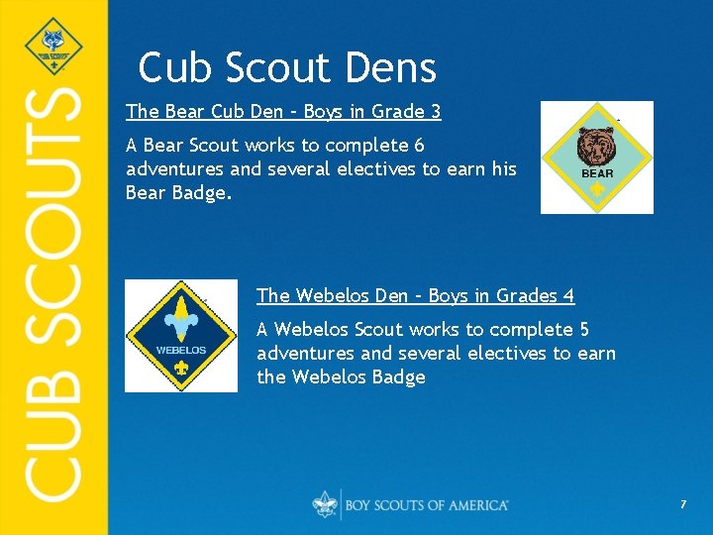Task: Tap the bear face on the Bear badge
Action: [597, 147]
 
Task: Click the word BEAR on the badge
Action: [597, 173]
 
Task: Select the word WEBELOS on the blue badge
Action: [181, 350]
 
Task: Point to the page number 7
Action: [682, 505]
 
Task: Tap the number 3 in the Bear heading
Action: [435, 111]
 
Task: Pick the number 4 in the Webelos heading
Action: [568, 295]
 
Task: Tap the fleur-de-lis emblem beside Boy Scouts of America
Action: [325, 504]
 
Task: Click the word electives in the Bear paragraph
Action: [377, 169]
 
